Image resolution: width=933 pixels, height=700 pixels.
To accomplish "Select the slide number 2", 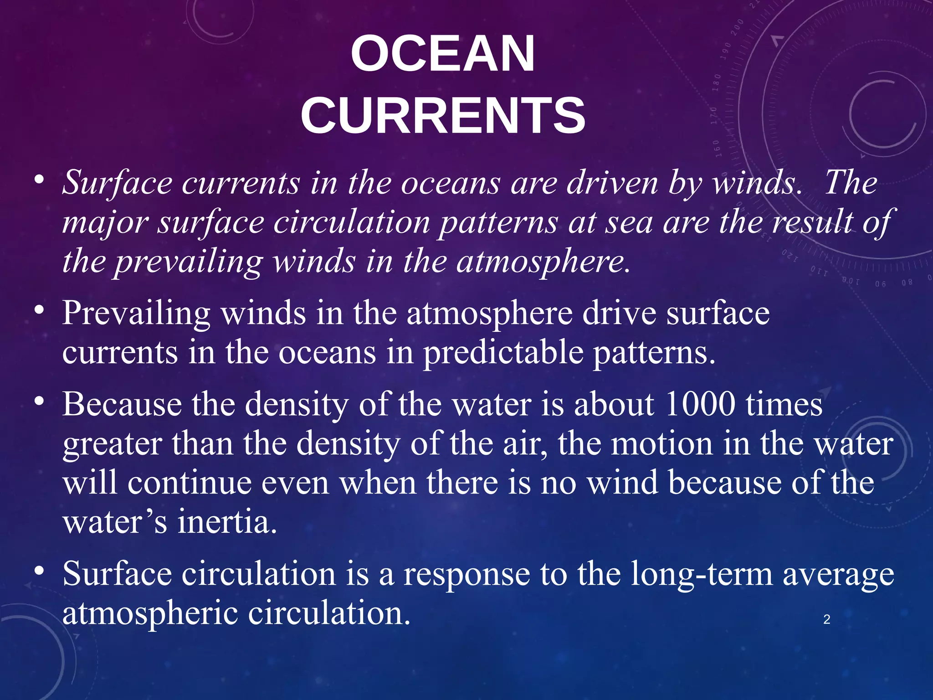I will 827,619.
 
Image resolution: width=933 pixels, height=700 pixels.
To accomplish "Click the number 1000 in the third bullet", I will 700,404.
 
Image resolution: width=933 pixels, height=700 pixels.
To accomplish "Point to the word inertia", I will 227,522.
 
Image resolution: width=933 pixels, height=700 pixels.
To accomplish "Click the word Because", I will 122,404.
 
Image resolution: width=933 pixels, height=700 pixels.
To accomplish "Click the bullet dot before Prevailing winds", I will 40,310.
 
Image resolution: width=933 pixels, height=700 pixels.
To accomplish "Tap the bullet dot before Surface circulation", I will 40,571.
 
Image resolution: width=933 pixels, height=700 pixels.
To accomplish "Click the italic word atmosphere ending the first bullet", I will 543,262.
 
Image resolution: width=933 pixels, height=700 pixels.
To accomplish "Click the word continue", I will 190,483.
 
